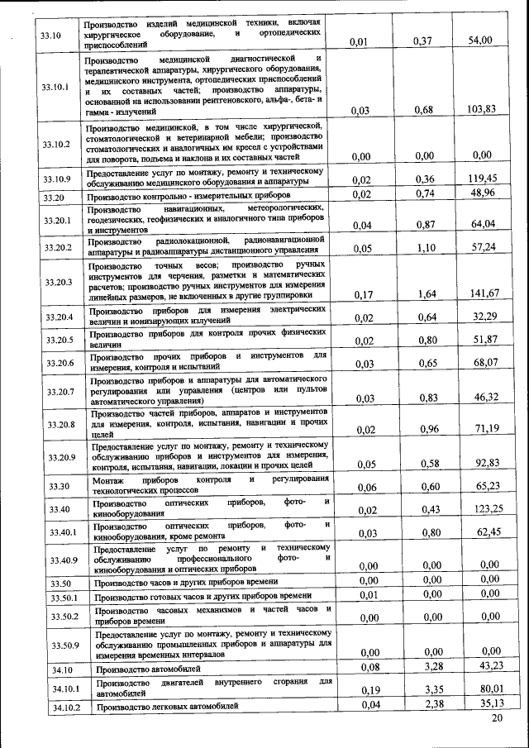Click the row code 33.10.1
coord(56,87)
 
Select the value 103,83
coord(485,109)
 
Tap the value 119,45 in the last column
coord(485,178)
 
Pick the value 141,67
coord(485,293)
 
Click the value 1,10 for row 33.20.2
coord(425,247)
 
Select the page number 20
coord(496,719)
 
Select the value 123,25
coord(485,509)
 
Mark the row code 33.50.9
coord(63,644)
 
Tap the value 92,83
coord(485,462)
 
